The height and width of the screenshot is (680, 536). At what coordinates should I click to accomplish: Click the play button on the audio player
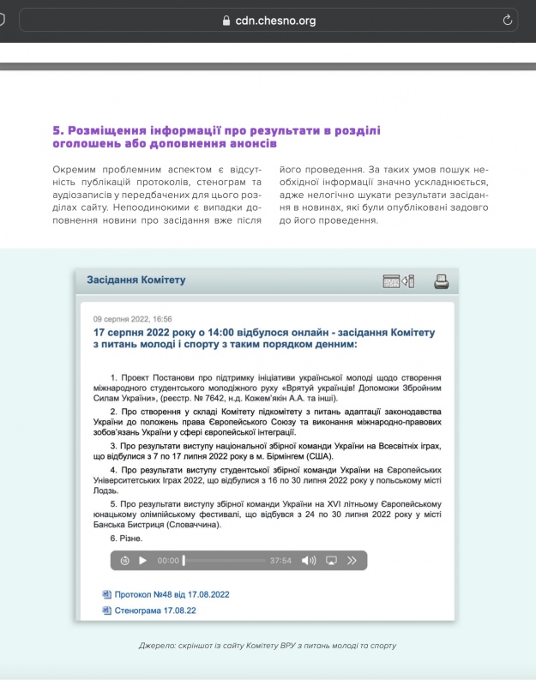click(143, 561)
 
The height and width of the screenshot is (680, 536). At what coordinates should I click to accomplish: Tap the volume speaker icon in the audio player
click(308, 561)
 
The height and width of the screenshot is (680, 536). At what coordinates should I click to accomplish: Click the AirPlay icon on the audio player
click(331, 561)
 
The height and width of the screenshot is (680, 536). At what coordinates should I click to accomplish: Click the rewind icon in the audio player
click(125, 561)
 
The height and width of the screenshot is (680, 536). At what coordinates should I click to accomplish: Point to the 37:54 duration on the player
click(280, 561)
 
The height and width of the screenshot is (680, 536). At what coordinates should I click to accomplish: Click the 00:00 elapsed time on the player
click(168, 561)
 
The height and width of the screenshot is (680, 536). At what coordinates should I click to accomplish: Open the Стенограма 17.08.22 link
click(155, 611)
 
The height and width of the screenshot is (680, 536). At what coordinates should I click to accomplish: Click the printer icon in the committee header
click(441, 280)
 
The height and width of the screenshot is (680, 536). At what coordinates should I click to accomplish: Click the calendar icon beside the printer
click(392, 280)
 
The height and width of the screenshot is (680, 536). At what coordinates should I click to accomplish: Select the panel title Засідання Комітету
click(136, 280)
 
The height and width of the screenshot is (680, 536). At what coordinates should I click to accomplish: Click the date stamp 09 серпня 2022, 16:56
click(133, 318)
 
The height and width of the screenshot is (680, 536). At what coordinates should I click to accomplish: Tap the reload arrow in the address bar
click(508, 20)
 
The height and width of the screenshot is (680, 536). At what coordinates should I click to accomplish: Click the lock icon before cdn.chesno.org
click(226, 21)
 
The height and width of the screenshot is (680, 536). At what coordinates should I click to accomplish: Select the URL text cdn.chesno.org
click(276, 21)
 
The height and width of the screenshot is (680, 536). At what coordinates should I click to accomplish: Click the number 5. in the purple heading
click(57, 130)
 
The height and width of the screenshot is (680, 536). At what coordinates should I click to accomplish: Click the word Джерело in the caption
click(156, 645)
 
